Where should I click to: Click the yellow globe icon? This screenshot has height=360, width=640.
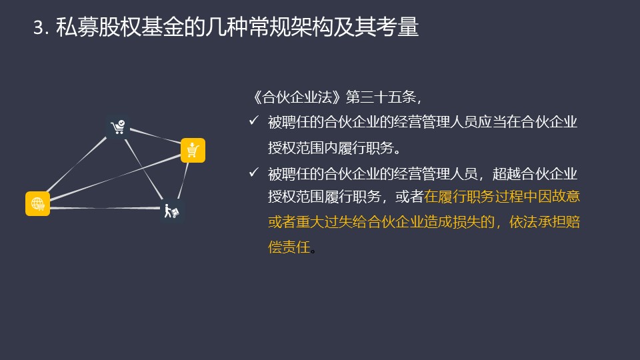tap(37, 203)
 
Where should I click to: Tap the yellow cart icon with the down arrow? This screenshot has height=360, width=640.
tap(193, 150)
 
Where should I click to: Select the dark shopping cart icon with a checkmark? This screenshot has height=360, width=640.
tap(118, 127)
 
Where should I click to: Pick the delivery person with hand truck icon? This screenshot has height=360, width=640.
tap(171, 211)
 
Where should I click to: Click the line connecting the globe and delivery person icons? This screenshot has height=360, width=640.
tap(105, 208)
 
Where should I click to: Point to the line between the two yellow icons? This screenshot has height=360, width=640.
tap(115, 177)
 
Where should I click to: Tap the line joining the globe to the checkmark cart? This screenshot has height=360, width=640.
tap(76, 165)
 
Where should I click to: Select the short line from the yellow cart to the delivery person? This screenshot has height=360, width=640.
tap(183, 181)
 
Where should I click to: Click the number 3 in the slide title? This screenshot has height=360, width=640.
tap(39, 28)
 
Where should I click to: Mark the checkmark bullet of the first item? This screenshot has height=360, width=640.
tap(254, 121)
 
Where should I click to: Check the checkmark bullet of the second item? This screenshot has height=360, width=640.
tap(254, 172)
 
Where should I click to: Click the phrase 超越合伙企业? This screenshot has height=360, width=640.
tap(535, 174)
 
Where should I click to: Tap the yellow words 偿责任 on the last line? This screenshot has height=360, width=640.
tap(289, 247)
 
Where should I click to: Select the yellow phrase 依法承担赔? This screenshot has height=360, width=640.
tap(545, 222)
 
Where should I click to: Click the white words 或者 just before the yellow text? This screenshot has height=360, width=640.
tap(409, 197)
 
